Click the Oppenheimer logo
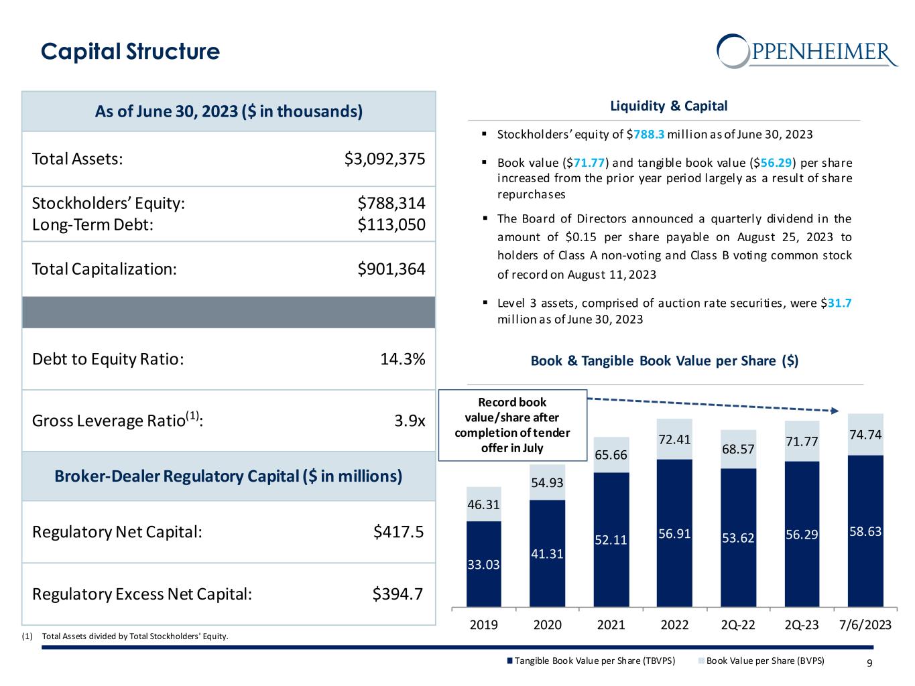click(x=806, y=50)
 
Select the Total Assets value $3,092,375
click(x=385, y=159)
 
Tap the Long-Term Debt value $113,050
click(x=391, y=224)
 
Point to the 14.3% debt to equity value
click(x=402, y=359)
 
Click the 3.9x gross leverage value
click(x=410, y=421)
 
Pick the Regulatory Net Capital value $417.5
click(x=398, y=532)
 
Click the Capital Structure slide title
click(x=130, y=52)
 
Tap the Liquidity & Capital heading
click(x=668, y=106)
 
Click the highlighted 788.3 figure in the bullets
click(x=649, y=134)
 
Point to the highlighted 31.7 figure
click(x=839, y=303)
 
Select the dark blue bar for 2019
click(x=484, y=563)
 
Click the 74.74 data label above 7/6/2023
click(x=865, y=434)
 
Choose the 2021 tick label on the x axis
click(x=611, y=625)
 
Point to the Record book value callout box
click(x=512, y=425)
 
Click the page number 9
click(x=869, y=663)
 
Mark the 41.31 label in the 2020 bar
click(x=547, y=553)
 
